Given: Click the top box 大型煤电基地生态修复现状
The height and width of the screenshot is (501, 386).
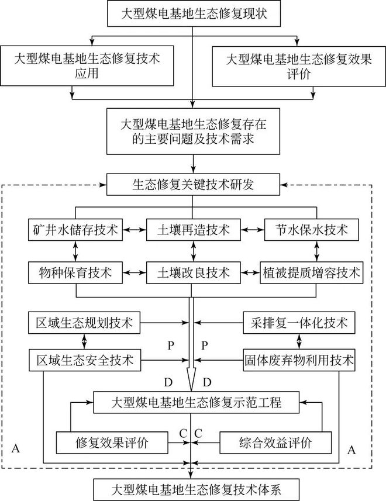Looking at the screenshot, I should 192,13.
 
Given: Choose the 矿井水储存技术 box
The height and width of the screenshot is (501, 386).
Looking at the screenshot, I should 74,230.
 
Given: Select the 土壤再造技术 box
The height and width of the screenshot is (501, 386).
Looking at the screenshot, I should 192,230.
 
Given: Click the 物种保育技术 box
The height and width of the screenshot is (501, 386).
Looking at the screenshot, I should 74,272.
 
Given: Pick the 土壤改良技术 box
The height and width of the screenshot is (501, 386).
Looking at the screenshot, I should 192,272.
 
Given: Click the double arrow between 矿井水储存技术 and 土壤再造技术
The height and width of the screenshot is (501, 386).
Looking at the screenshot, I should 133,230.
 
